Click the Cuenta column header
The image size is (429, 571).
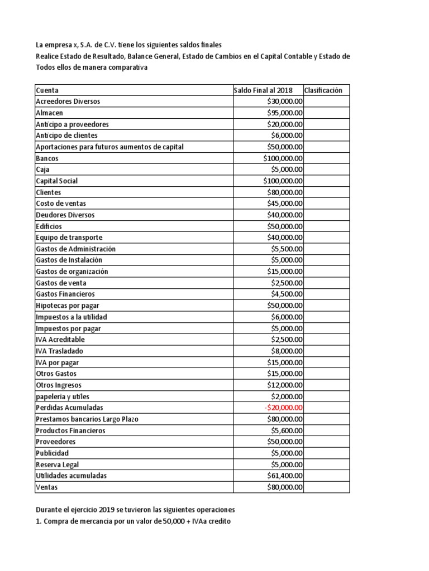47,90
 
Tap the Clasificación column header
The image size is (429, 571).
323,90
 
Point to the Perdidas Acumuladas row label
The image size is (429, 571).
69,408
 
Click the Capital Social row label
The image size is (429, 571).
56,181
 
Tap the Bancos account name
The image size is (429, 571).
47,158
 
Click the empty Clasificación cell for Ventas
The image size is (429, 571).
326,487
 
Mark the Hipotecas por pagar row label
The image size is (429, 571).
67,306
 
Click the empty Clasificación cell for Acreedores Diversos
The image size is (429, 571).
326,101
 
